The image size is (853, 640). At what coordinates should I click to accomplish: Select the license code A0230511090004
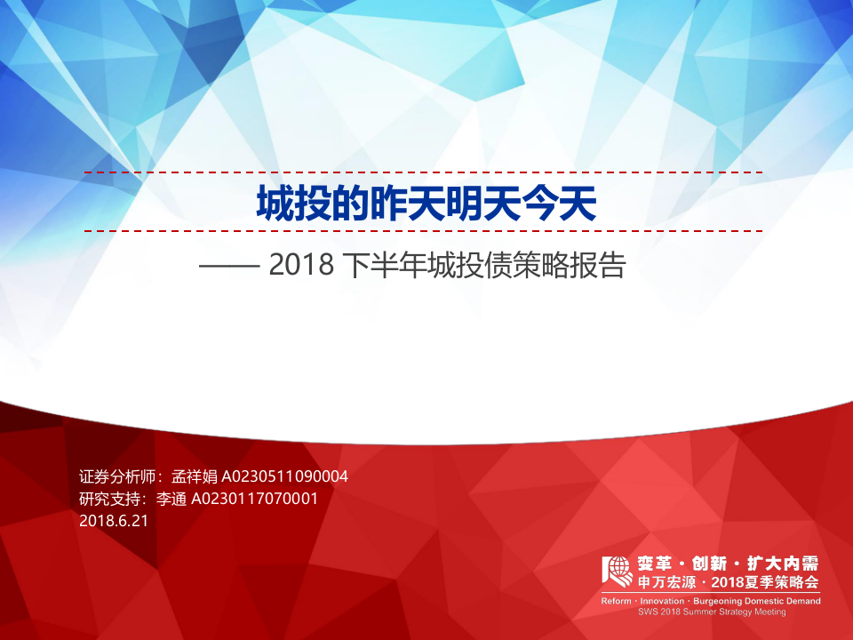point(284,477)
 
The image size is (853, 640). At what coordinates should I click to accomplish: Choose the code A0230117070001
point(254,499)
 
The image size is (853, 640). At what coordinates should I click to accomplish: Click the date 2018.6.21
point(114,521)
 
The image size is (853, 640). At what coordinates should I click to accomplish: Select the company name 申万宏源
point(666,583)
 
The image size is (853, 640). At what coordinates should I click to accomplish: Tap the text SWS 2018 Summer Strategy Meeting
point(712,612)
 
